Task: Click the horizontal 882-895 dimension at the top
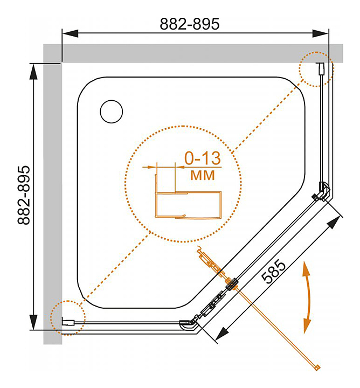click(190, 24)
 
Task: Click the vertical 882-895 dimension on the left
click(24, 195)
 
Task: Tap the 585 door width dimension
click(274, 272)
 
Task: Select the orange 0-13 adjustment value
click(203, 158)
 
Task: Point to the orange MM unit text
click(203, 175)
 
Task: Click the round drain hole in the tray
click(112, 112)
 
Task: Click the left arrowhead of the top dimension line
click(70, 33)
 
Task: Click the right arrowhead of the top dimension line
click(321, 33)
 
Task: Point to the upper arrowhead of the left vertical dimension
click(33, 72)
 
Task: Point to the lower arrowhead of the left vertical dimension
click(33, 322)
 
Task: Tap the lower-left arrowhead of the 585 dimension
click(222, 334)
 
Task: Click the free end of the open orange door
click(317, 368)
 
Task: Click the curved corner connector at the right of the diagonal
click(324, 191)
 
